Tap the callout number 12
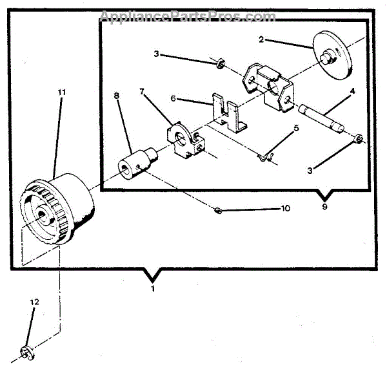tap(34, 302)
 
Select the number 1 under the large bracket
tap(153, 289)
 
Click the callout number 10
tap(285, 208)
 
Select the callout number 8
tap(117, 96)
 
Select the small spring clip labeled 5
tap(266, 155)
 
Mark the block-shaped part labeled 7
tap(183, 139)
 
